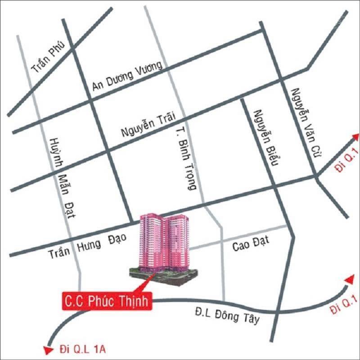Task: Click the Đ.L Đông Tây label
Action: pos(227,315)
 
